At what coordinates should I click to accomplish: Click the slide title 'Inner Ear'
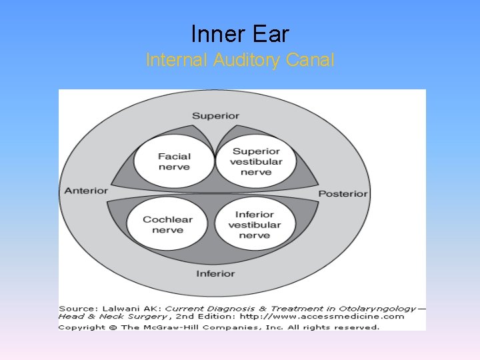(240, 33)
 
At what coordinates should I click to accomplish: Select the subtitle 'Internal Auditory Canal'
(240, 60)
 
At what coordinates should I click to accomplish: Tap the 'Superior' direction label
(215, 116)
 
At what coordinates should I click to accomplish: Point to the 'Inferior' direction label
(215, 274)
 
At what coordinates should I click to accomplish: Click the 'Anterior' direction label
(86, 191)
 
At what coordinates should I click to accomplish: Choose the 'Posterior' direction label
(343, 193)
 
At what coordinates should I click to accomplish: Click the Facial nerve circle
(174, 161)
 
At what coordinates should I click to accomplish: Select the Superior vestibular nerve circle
(256, 161)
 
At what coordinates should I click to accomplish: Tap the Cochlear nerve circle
(167, 225)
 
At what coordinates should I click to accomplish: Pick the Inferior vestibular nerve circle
(254, 225)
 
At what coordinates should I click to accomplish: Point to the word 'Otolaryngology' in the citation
(381, 309)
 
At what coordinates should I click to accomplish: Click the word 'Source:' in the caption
(77, 309)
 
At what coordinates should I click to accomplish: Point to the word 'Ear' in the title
(271, 33)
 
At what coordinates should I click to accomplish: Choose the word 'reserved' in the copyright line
(355, 327)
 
